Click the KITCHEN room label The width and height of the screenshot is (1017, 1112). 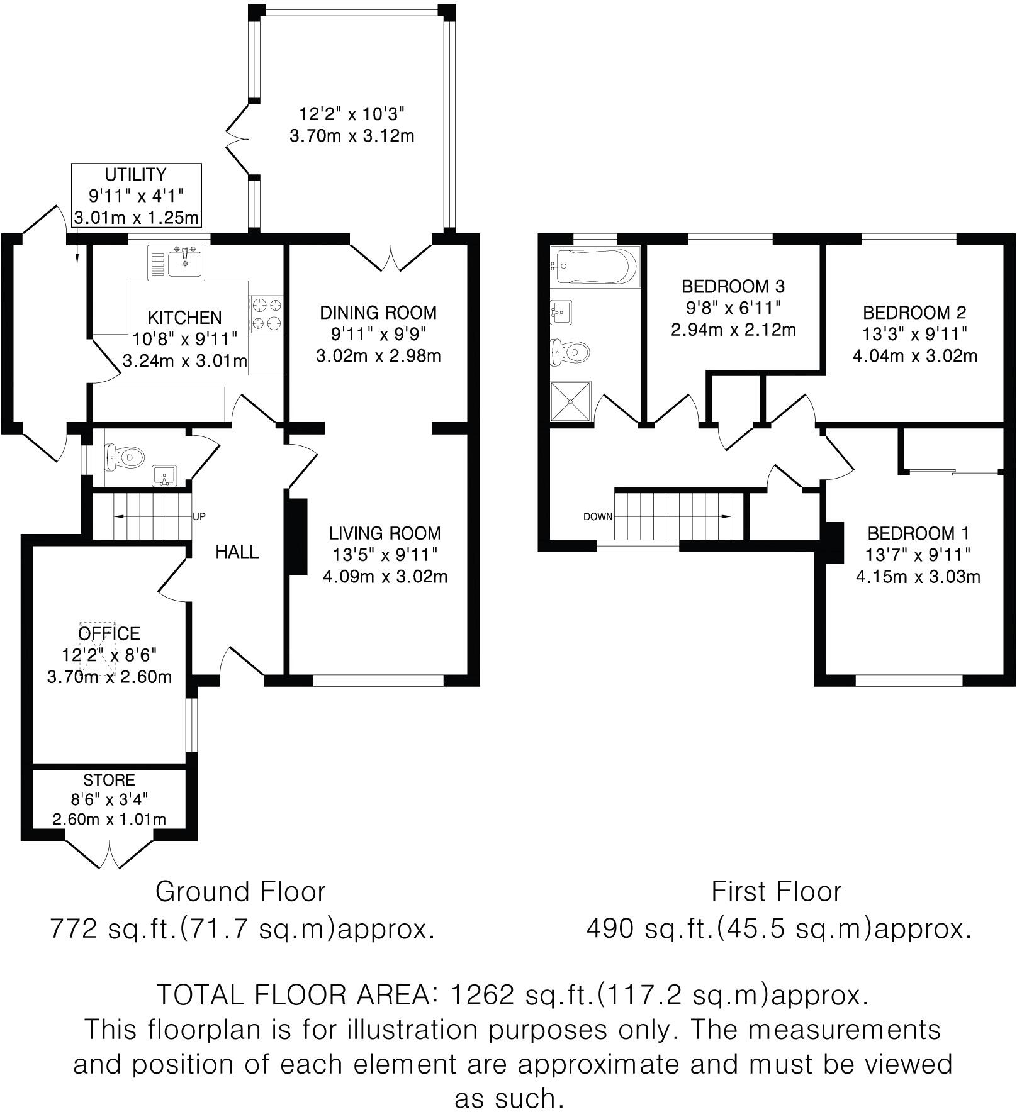184,318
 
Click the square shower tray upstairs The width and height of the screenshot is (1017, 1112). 571,401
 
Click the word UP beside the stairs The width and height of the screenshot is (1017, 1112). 199,517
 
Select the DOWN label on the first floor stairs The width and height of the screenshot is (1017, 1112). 598,517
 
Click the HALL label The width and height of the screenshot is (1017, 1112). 237,552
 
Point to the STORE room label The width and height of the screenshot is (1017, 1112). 109,780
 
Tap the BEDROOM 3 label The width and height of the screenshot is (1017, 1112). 733,287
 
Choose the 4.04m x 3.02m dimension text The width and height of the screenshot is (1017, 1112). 914,357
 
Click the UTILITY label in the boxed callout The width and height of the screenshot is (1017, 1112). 135,174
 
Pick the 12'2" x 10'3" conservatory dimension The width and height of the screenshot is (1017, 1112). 351,114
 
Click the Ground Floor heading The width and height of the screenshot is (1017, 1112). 240,892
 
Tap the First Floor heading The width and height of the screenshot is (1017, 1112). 776,892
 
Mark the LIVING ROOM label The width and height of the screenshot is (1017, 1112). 385,533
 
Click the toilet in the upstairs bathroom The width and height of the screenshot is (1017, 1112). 570,352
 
